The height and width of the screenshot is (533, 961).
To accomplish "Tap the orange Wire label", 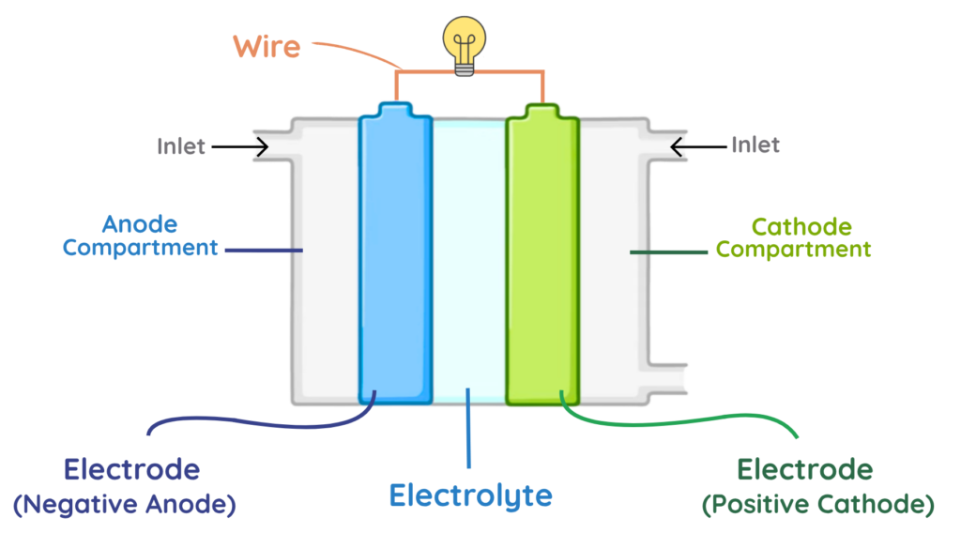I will [x=267, y=45].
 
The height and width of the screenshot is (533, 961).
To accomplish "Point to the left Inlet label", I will [x=181, y=146].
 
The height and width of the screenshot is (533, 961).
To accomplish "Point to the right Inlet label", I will [x=755, y=145].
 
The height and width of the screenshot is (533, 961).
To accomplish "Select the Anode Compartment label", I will [x=141, y=236].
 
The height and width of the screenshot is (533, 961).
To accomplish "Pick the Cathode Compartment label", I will [x=794, y=238].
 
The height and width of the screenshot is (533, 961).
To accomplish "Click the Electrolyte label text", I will [x=470, y=495].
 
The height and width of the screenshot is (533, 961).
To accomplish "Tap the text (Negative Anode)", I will [x=125, y=505].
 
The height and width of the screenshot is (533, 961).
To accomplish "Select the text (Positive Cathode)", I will [x=818, y=505].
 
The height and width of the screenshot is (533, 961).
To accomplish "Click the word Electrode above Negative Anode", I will [x=131, y=469].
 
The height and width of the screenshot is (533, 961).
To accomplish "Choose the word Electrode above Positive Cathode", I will [x=805, y=469].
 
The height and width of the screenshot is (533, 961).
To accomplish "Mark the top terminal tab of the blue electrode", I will [x=395, y=111].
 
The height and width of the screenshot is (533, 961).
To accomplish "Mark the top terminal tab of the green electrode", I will [x=542, y=111].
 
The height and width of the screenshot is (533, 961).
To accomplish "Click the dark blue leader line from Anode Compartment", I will [x=265, y=251].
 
